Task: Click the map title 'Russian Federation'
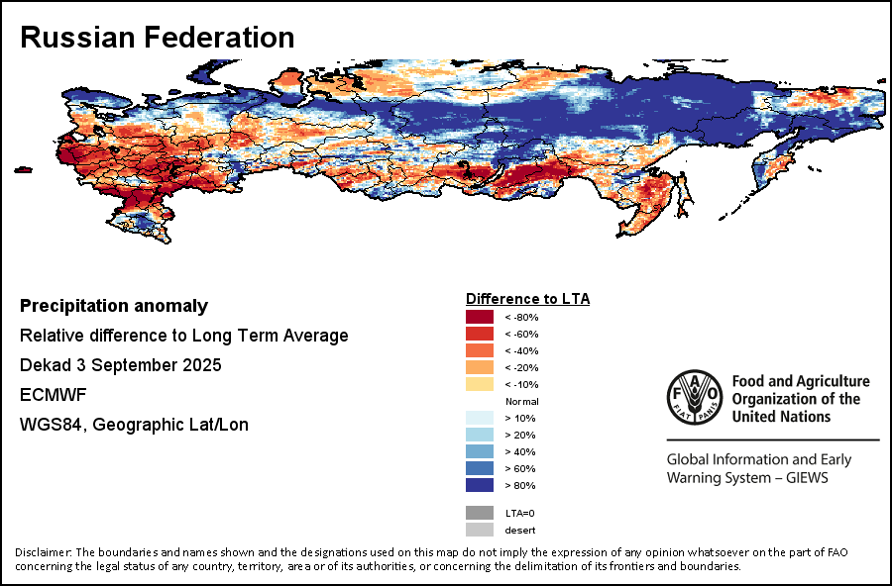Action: tap(157, 38)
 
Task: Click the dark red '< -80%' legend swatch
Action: tap(479, 317)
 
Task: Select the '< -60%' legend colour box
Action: tap(479, 334)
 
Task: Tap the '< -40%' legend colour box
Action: tap(479, 350)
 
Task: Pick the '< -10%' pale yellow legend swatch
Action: tap(479, 384)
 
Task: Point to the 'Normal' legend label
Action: tap(521, 401)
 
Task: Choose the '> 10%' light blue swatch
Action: tap(479, 418)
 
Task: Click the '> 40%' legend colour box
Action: tap(479, 451)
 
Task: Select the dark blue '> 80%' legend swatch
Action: tap(479, 485)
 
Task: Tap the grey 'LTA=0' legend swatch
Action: tap(479, 513)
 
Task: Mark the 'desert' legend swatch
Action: tap(479, 530)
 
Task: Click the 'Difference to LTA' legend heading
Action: tap(527, 298)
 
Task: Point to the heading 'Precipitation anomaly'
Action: tap(114, 306)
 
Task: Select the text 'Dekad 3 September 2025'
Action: tap(120, 365)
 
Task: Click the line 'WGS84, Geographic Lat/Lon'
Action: tap(134, 425)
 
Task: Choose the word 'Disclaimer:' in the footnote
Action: tap(44, 552)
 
